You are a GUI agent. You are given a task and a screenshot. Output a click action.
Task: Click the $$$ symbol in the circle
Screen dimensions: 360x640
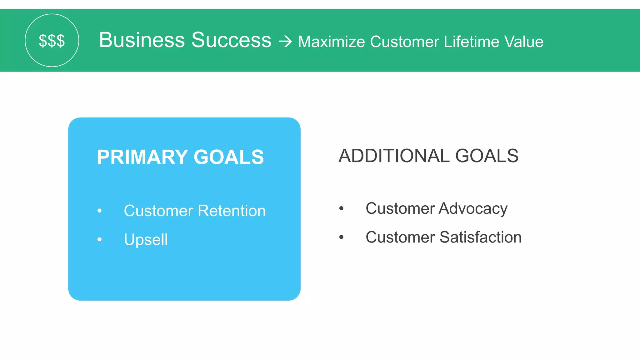point(52,41)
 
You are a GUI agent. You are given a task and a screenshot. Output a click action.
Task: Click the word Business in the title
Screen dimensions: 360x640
point(142,40)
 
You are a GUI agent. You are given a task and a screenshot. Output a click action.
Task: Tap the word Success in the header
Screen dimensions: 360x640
point(231,40)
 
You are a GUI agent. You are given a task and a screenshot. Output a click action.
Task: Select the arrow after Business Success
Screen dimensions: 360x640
point(285,42)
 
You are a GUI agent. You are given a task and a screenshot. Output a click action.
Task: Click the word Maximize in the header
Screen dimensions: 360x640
point(331,42)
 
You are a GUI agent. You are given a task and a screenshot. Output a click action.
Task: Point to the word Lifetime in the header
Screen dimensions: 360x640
point(471,42)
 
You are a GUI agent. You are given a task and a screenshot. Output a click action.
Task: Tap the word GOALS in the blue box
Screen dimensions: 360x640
point(229,157)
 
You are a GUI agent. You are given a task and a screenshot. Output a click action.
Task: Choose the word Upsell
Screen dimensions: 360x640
point(146,240)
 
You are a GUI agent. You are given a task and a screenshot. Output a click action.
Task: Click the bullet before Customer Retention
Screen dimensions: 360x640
point(99,211)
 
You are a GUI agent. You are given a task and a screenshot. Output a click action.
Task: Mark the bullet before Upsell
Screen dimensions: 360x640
point(99,240)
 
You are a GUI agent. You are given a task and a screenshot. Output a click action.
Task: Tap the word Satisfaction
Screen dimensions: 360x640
point(481,237)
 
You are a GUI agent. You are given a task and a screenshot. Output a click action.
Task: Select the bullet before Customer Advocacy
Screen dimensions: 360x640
point(341,208)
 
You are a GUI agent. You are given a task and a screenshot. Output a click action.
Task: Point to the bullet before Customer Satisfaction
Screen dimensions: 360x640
point(341,237)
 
